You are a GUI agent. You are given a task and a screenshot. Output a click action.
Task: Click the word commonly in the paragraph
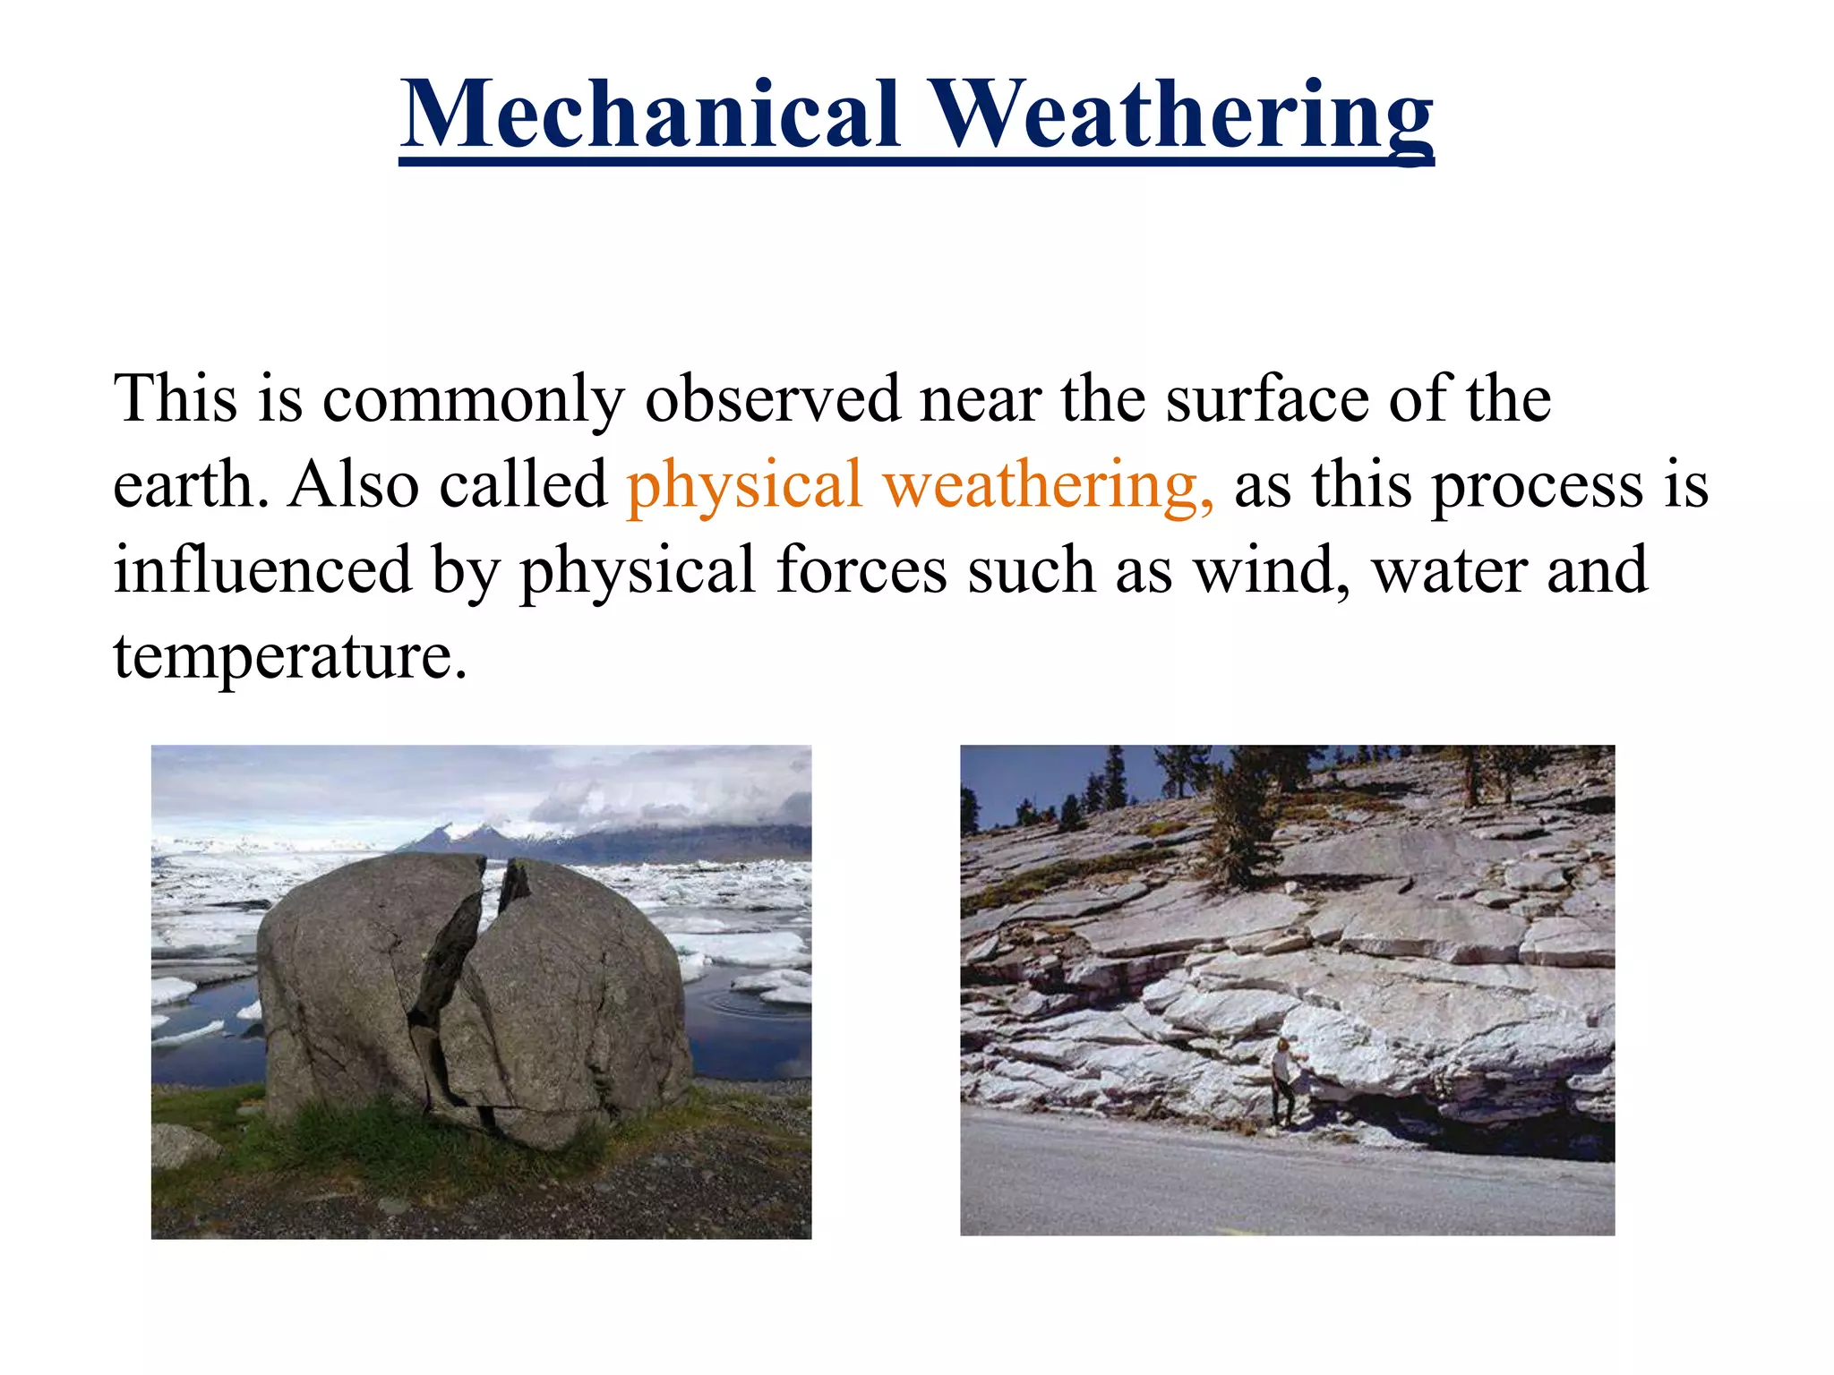coord(473,400)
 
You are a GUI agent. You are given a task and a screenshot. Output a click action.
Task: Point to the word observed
coord(772,398)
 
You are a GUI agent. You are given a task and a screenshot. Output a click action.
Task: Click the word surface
coord(1266,398)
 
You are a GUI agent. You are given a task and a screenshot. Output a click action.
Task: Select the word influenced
coord(261,570)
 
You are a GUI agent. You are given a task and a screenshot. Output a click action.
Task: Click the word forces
coord(861,570)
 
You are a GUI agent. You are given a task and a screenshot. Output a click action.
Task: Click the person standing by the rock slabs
coord(1283,1079)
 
